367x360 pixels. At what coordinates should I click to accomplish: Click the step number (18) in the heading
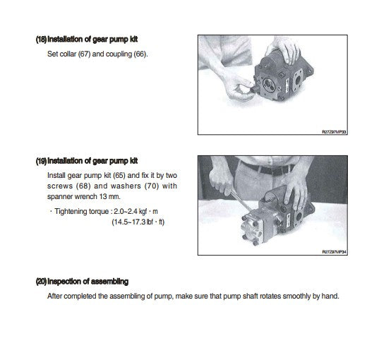(41, 40)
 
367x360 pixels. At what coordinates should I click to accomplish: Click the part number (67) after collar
(84, 54)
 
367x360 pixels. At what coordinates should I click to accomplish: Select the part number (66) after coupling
(140, 54)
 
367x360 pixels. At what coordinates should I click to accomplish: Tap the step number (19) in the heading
(41, 161)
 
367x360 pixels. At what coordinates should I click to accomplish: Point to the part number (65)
(119, 176)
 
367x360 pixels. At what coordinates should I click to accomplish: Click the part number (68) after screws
(83, 186)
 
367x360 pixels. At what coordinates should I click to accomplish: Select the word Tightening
(71, 212)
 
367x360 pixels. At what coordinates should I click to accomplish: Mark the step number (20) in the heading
(41, 282)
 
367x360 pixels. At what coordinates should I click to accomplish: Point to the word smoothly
(296, 296)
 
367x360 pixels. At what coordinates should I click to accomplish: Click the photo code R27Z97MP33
(334, 132)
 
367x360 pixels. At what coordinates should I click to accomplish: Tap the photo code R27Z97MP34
(334, 252)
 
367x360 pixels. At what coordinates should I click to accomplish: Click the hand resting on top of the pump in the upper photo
(284, 49)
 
